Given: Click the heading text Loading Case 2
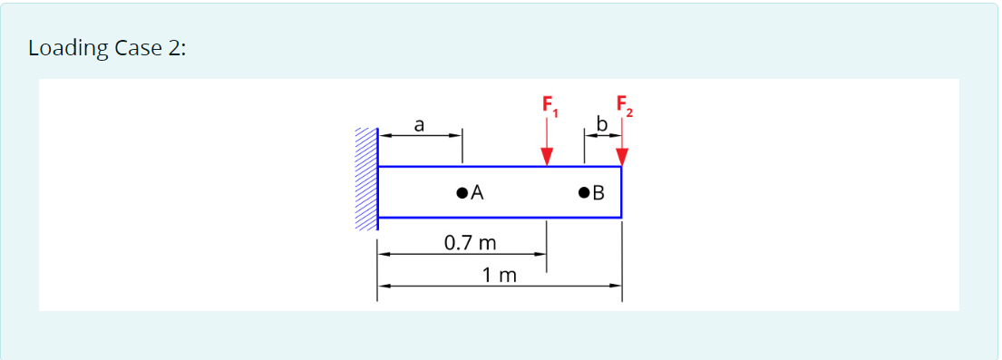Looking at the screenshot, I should (x=107, y=48).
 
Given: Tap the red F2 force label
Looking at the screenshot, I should (x=624, y=103).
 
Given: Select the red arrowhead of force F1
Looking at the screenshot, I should (x=547, y=157).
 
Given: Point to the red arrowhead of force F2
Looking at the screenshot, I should (x=621, y=157).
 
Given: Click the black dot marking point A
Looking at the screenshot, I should (x=462, y=192).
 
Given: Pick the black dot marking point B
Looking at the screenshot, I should (x=583, y=192).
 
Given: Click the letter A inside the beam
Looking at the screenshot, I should (x=477, y=192).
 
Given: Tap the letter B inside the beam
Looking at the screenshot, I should (x=598, y=192).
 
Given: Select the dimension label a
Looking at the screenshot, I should (x=419, y=124).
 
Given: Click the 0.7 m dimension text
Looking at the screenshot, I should (x=470, y=242).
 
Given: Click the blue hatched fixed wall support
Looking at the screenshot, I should (x=365, y=179).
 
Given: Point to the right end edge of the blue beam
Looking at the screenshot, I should (x=621, y=192).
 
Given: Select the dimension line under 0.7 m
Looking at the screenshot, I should (x=462, y=255).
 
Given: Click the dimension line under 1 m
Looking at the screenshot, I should (x=499, y=286).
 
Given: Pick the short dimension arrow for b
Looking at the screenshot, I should (x=602, y=136).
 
